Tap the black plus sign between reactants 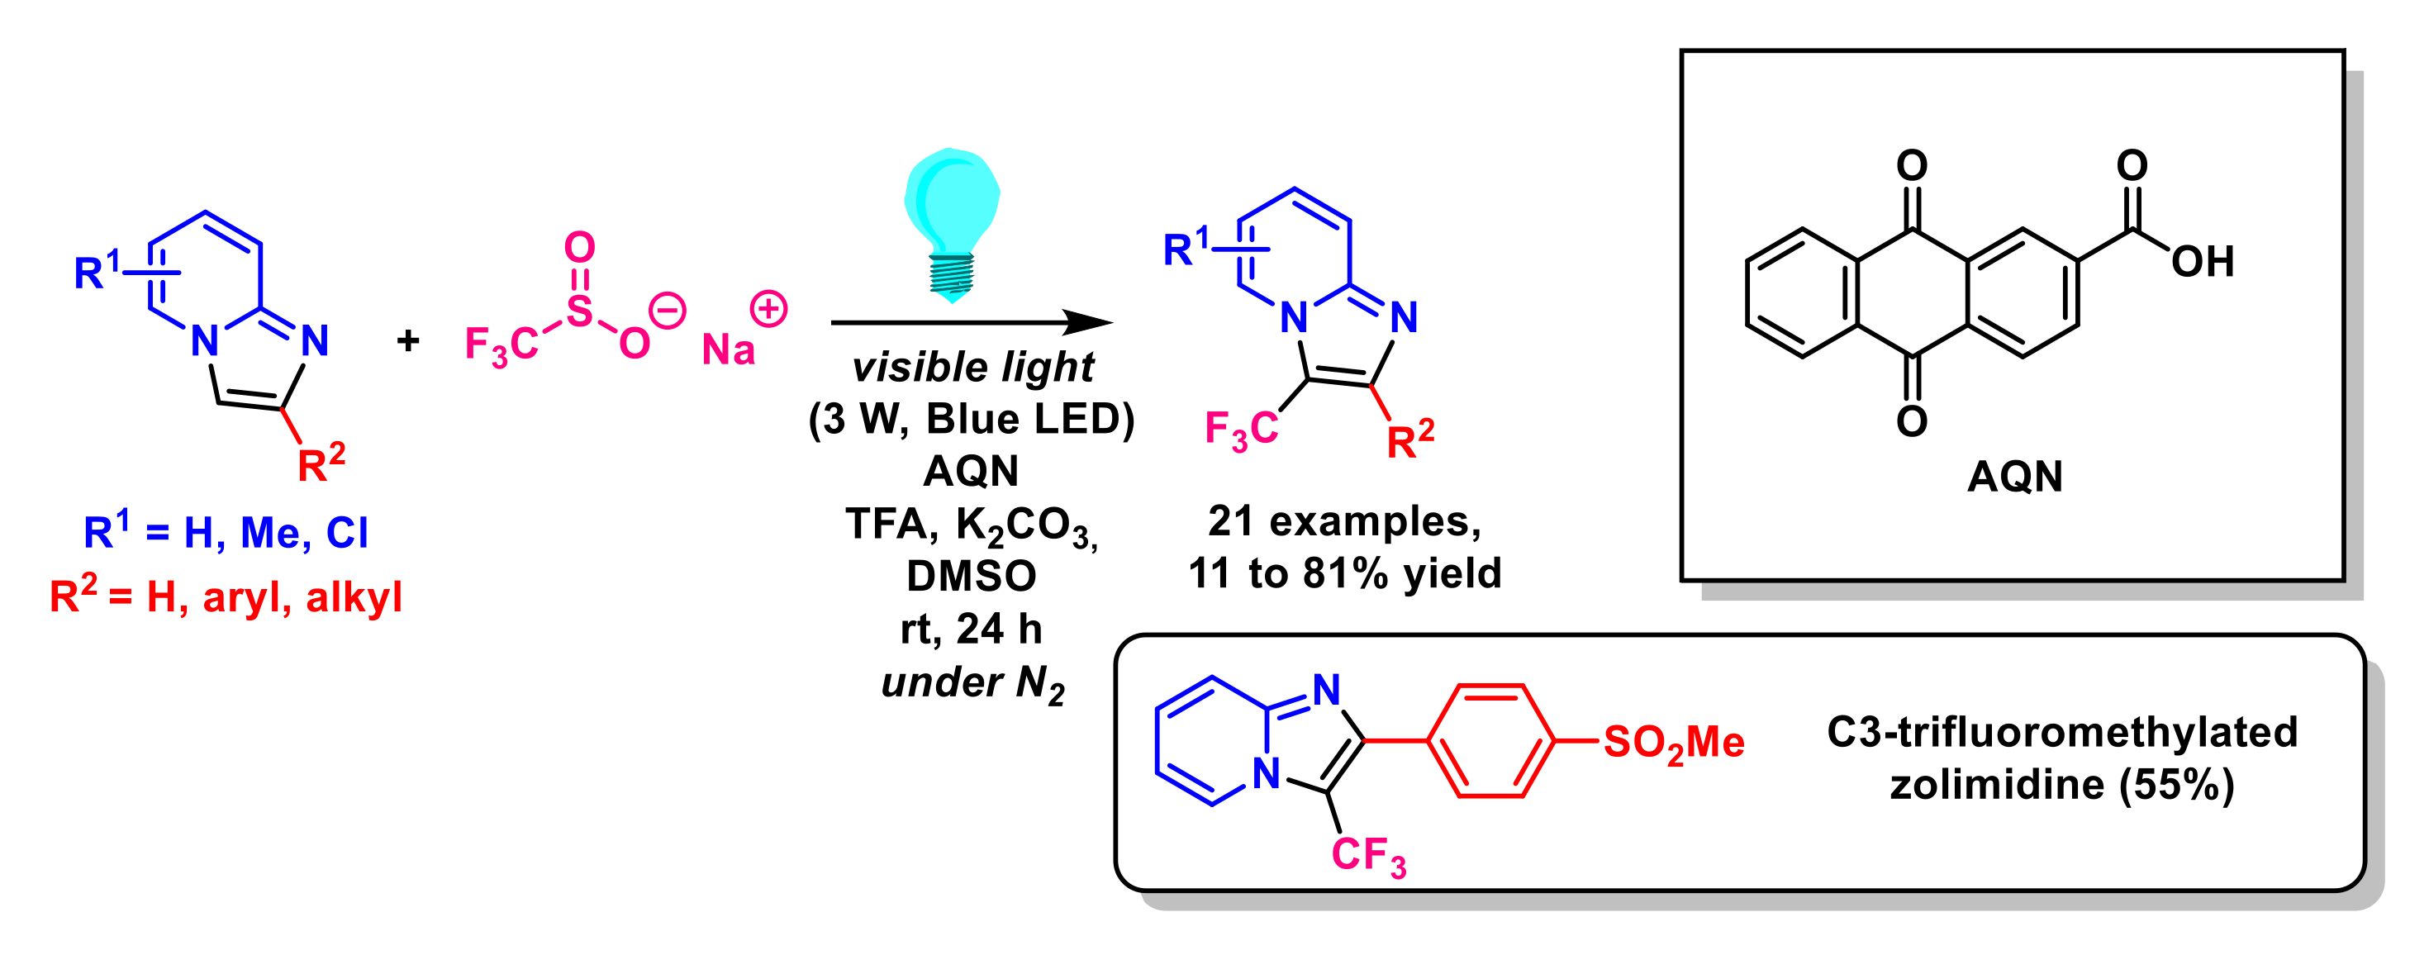[407, 340]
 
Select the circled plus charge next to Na [768, 309]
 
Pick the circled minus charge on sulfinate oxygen [668, 311]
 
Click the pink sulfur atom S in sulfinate [579, 311]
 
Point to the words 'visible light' [972, 367]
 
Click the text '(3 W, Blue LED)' [972, 419]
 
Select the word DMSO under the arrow [972, 576]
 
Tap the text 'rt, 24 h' [972, 629]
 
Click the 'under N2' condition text [972, 682]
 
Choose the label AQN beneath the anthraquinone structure [2014, 476]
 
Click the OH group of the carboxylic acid [2202, 261]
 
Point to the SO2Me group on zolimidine [1674, 743]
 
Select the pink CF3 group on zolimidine [1368, 855]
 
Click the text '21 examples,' [1343, 520]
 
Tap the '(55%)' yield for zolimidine [2177, 784]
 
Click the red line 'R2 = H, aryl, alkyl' [226, 596]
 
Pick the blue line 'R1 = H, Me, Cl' [226, 533]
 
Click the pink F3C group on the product [1241, 430]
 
